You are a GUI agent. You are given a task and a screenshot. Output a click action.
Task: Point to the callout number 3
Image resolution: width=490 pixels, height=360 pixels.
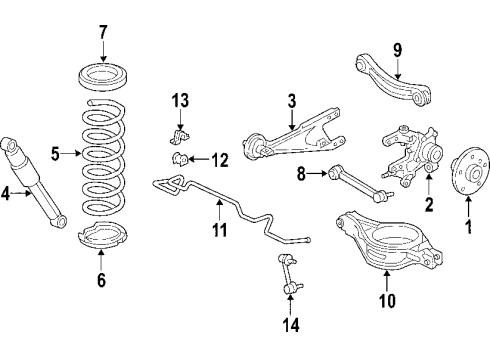[x=291, y=101]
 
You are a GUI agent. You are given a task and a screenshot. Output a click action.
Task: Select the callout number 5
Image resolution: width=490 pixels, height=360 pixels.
[x=57, y=153]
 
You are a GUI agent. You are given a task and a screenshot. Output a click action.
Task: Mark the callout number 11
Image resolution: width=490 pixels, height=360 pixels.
[x=219, y=231]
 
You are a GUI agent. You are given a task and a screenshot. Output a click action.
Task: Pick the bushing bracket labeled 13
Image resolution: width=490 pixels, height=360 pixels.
[x=181, y=134]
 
